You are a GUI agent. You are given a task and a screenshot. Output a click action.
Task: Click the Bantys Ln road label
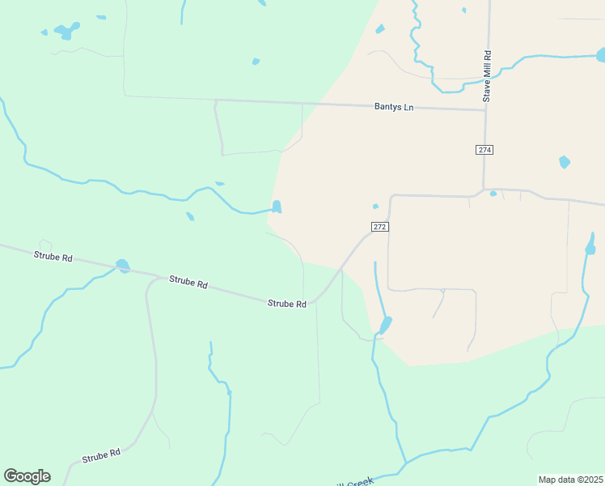(x=393, y=107)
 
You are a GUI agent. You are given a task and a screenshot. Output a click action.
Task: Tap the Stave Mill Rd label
(x=488, y=77)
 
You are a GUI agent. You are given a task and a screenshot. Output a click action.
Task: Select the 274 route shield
(x=484, y=150)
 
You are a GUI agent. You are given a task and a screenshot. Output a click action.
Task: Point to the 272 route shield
(x=380, y=227)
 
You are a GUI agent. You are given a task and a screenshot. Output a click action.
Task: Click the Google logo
(x=27, y=476)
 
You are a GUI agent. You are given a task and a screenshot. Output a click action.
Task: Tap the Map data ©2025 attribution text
(x=570, y=480)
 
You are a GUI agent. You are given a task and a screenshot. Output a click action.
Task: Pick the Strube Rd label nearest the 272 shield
(x=287, y=304)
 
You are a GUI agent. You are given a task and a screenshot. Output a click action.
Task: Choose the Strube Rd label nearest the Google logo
(x=101, y=456)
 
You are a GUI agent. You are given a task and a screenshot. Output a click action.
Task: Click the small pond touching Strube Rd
(x=123, y=265)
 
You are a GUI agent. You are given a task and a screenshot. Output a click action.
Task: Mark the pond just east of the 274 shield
(x=565, y=162)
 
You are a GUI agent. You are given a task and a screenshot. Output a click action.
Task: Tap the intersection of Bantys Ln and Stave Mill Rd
(x=485, y=109)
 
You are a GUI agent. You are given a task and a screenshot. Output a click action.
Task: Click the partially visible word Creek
(x=360, y=481)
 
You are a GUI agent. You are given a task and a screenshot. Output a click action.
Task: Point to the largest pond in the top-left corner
(x=66, y=31)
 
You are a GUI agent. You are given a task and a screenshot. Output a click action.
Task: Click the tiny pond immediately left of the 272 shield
(x=375, y=206)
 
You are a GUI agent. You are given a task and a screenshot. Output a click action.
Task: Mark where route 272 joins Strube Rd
(x=314, y=301)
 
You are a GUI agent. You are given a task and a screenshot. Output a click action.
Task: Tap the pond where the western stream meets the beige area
(x=277, y=207)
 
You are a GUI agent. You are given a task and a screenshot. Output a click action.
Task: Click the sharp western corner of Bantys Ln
(x=215, y=100)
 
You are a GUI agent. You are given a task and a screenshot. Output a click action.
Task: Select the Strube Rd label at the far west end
(x=53, y=257)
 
